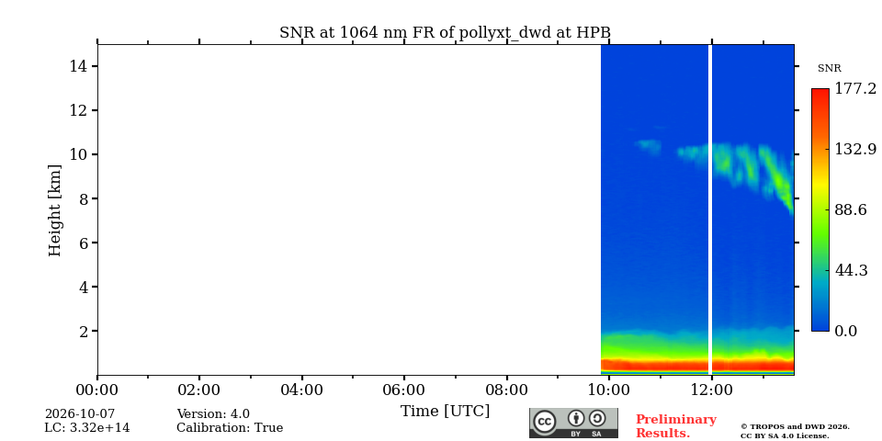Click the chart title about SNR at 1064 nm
coord(445,33)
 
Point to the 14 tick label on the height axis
coord(77,66)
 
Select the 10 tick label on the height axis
coord(77,154)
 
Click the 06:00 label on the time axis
coord(404,390)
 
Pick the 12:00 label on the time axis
coord(711,390)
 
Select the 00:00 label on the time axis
coord(97,390)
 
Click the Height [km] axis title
coord(54,210)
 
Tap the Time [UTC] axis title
coord(445,412)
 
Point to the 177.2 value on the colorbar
coord(855,89)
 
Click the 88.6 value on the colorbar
coord(851,209)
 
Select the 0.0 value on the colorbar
coord(845,331)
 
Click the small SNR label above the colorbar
coord(829,69)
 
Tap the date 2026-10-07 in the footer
coord(80,414)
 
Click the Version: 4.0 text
coord(213,414)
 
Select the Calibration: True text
coord(230,428)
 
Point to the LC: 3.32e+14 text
coord(86,428)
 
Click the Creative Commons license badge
coord(573,423)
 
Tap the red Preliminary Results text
coord(675,426)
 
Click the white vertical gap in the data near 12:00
coord(710,209)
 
